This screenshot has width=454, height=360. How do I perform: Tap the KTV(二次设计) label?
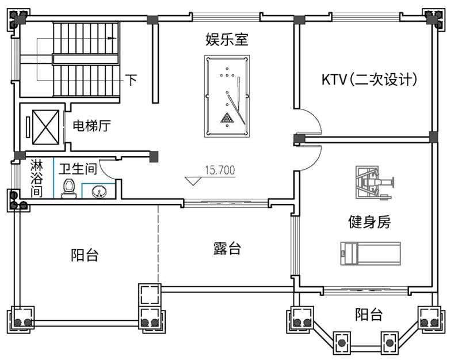click(x=369, y=79)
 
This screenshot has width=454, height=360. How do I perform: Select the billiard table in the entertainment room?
click(x=227, y=93)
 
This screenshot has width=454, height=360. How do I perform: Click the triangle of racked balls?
click(x=228, y=118)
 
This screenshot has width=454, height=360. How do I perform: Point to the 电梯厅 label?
click(x=91, y=125)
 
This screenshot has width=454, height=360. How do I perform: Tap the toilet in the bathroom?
click(x=69, y=188)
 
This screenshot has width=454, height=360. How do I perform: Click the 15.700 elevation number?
click(x=219, y=170)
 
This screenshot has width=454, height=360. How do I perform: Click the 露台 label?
click(x=227, y=249)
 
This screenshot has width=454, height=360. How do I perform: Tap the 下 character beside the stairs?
click(x=132, y=79)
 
